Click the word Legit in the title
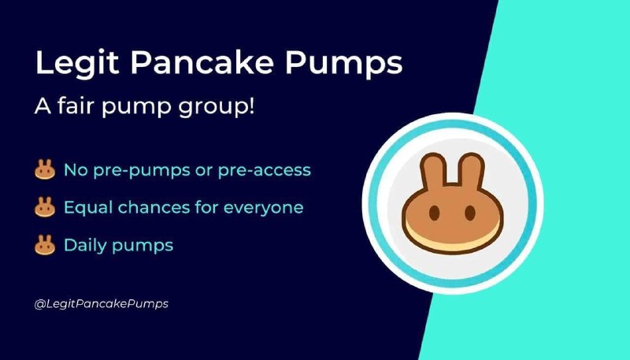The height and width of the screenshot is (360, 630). tap(77, 64)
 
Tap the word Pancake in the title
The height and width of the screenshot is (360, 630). tap(202, 62)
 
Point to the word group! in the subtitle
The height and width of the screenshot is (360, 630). tap(216, 107)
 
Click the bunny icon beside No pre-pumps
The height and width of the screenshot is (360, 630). tap(45, 169)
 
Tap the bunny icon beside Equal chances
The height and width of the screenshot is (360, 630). tap(45, 207)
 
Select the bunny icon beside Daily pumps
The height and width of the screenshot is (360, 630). tap(45, 245)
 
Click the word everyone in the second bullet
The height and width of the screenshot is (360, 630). tap(263, 208)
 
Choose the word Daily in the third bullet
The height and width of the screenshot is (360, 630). tap(84, 246)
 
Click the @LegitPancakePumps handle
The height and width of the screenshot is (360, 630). tap(102, 304)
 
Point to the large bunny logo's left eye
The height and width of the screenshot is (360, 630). tap(434, 213)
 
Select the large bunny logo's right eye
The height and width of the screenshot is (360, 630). tap(470, 213)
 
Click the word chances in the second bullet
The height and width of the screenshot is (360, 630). tap(154, 208)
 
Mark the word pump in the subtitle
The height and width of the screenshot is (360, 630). tap(136, 107)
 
